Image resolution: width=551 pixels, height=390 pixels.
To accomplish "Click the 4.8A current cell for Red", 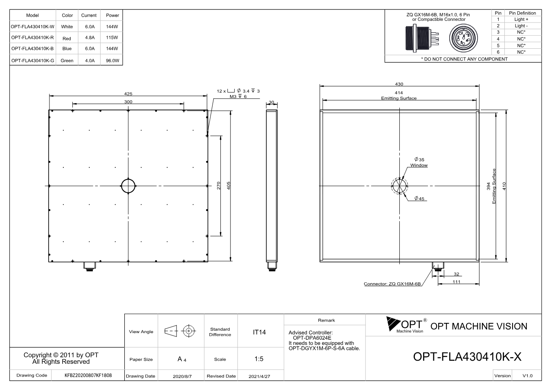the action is pos(90,37).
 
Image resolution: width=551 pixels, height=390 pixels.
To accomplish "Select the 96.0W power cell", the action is pos(112,61).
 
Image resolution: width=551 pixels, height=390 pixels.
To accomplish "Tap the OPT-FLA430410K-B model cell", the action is pos(32,49).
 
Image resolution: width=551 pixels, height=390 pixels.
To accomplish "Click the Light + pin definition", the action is pos(521,19).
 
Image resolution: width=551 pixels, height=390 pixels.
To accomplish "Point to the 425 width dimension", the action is pos(128,94).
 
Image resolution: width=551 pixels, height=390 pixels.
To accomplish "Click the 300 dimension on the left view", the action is pos(128,101).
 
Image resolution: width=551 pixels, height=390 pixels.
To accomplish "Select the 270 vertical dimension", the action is pos(218,186).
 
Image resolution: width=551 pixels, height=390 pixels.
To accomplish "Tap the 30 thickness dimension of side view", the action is pos(271,102).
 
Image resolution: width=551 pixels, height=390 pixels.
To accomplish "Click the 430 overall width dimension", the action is pos(399,84).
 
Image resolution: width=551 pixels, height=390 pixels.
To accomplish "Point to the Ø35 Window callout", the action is pos(419,162).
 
